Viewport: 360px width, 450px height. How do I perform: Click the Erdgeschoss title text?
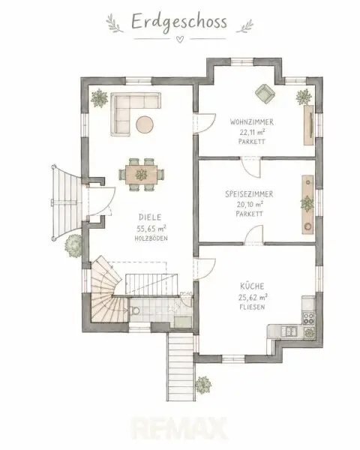coord(179,22)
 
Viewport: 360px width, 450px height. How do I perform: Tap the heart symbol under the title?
coord(180,39)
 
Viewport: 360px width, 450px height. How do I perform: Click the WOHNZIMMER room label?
coord(252,122)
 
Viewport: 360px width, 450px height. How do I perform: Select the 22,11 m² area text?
coord(252,132)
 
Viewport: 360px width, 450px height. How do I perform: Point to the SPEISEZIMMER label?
coord(249,194)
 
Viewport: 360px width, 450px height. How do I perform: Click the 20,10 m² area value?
coord(250,204)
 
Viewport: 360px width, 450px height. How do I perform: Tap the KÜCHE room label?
coord(252,286)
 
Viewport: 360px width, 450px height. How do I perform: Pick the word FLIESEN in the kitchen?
coord(252,307)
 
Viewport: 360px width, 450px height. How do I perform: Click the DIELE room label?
coord(150,217)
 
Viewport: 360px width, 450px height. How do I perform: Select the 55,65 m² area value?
coord(151,229)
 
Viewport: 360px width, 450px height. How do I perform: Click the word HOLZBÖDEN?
coord(151,238)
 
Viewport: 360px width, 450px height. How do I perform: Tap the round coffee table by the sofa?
coord(145,124)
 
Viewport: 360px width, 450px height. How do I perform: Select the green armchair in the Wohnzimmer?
coord(265,93)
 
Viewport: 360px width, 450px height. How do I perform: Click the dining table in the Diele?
coord(142,175)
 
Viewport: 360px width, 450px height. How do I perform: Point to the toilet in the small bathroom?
coord(134,310)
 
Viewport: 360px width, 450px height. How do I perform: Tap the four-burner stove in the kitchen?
coord(309,318)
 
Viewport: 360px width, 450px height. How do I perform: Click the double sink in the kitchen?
coord(289,331)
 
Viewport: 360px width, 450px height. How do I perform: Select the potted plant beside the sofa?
coord(99,98)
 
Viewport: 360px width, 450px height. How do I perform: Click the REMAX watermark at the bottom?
coord(179,428)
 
